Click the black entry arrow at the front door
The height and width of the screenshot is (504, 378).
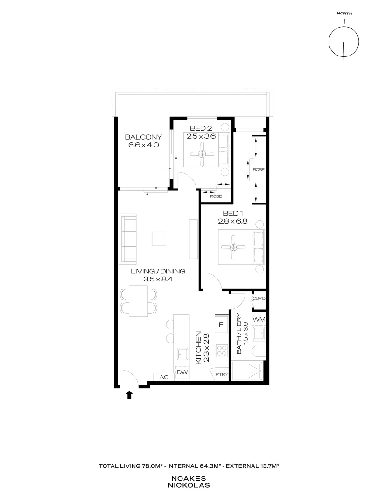tap(129, 395)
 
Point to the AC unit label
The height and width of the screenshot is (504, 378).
tap(164, 377)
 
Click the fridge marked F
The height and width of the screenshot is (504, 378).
tap(221, 324)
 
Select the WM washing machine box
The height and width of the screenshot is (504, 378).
tap(259, 319)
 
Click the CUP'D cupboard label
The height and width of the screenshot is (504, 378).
tap(259, 298)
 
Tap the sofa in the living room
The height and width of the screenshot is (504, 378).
tap(128, 238)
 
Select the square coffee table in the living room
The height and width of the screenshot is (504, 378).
tap(158, 238)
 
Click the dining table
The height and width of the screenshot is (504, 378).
tap(139, 301)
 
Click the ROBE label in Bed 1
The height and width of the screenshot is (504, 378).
tap(258, 170)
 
